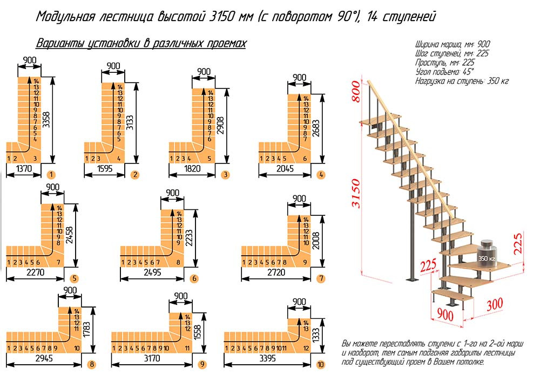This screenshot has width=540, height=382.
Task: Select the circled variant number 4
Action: pyautogui.click(x=321, y=174)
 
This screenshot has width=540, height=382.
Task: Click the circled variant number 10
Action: pyautogui.click(x=321, y=365)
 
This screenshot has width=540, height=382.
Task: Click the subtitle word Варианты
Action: pyautogui.click(x=58, y=44)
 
